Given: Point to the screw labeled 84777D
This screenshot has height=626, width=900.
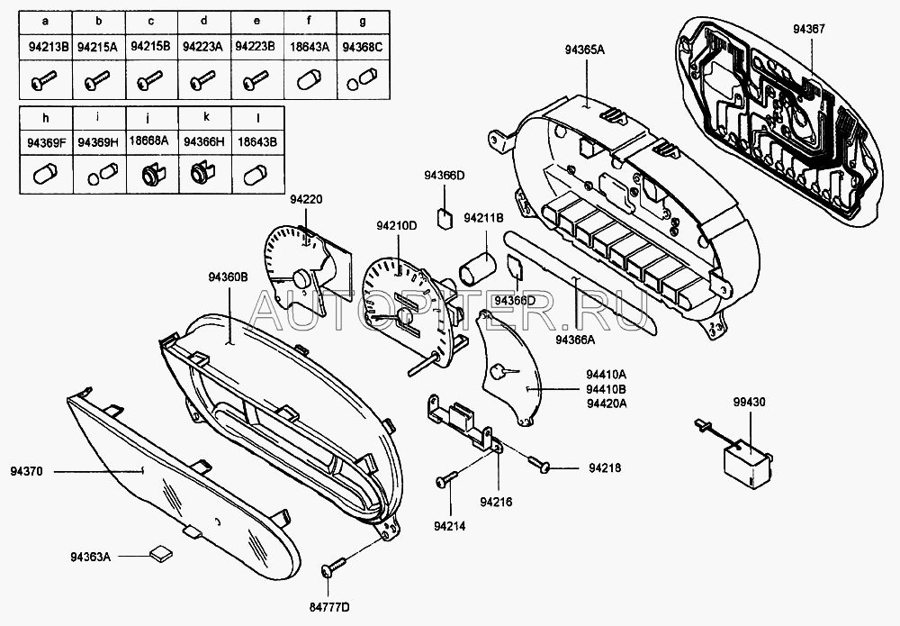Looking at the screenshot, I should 332,568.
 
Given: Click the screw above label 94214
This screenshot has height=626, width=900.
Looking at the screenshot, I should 446,481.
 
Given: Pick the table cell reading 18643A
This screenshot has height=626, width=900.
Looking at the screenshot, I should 310,45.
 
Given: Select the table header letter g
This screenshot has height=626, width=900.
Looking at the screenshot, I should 363,19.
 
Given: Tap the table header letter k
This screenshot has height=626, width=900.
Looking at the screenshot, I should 205,117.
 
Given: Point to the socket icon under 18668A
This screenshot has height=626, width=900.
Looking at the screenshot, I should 150,173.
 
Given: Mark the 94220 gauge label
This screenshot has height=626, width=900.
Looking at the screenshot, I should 305,198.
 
